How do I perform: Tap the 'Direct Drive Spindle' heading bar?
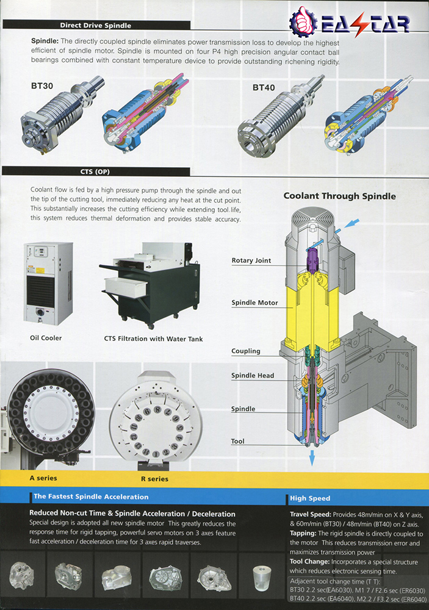pos(95,26)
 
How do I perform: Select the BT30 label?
pos(42,86)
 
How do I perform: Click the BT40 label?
pos(264,88)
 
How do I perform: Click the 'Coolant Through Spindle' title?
pos(339,196)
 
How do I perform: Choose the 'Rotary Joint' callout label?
pos(251,260)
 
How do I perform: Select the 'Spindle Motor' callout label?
pos(254,303)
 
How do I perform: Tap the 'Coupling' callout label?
pos(246,351)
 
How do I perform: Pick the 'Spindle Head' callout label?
pos(253,376)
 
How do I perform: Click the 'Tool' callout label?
pos(238,441)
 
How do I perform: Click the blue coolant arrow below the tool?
pos(312,458)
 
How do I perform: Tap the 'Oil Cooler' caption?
pos(46,338)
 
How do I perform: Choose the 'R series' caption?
pos(153,479)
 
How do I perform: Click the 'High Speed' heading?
pos(311,498)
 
